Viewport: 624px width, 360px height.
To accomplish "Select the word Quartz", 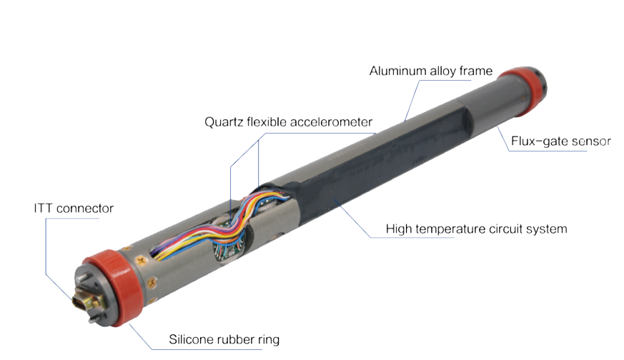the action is point(224,121).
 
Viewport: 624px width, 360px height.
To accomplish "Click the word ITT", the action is point(43,208).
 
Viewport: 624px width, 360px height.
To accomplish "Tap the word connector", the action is point(85,208).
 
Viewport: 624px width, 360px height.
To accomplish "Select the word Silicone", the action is point(189,339).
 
